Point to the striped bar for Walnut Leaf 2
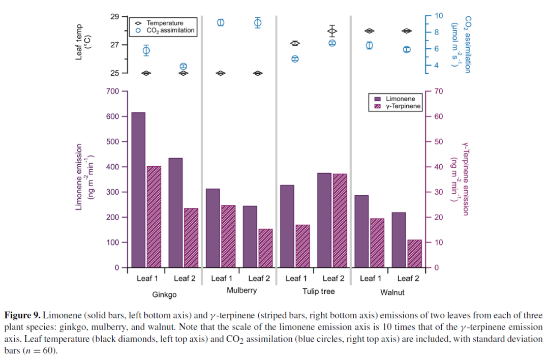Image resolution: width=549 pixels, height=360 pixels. tap(414, 253)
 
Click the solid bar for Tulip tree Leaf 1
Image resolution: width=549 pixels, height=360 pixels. tap(287, 226)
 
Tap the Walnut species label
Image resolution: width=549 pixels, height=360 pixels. tap(392, 292)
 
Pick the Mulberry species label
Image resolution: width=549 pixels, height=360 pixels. tap(241, 291)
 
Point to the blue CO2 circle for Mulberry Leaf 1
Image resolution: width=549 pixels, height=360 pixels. tap(221, 23)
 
